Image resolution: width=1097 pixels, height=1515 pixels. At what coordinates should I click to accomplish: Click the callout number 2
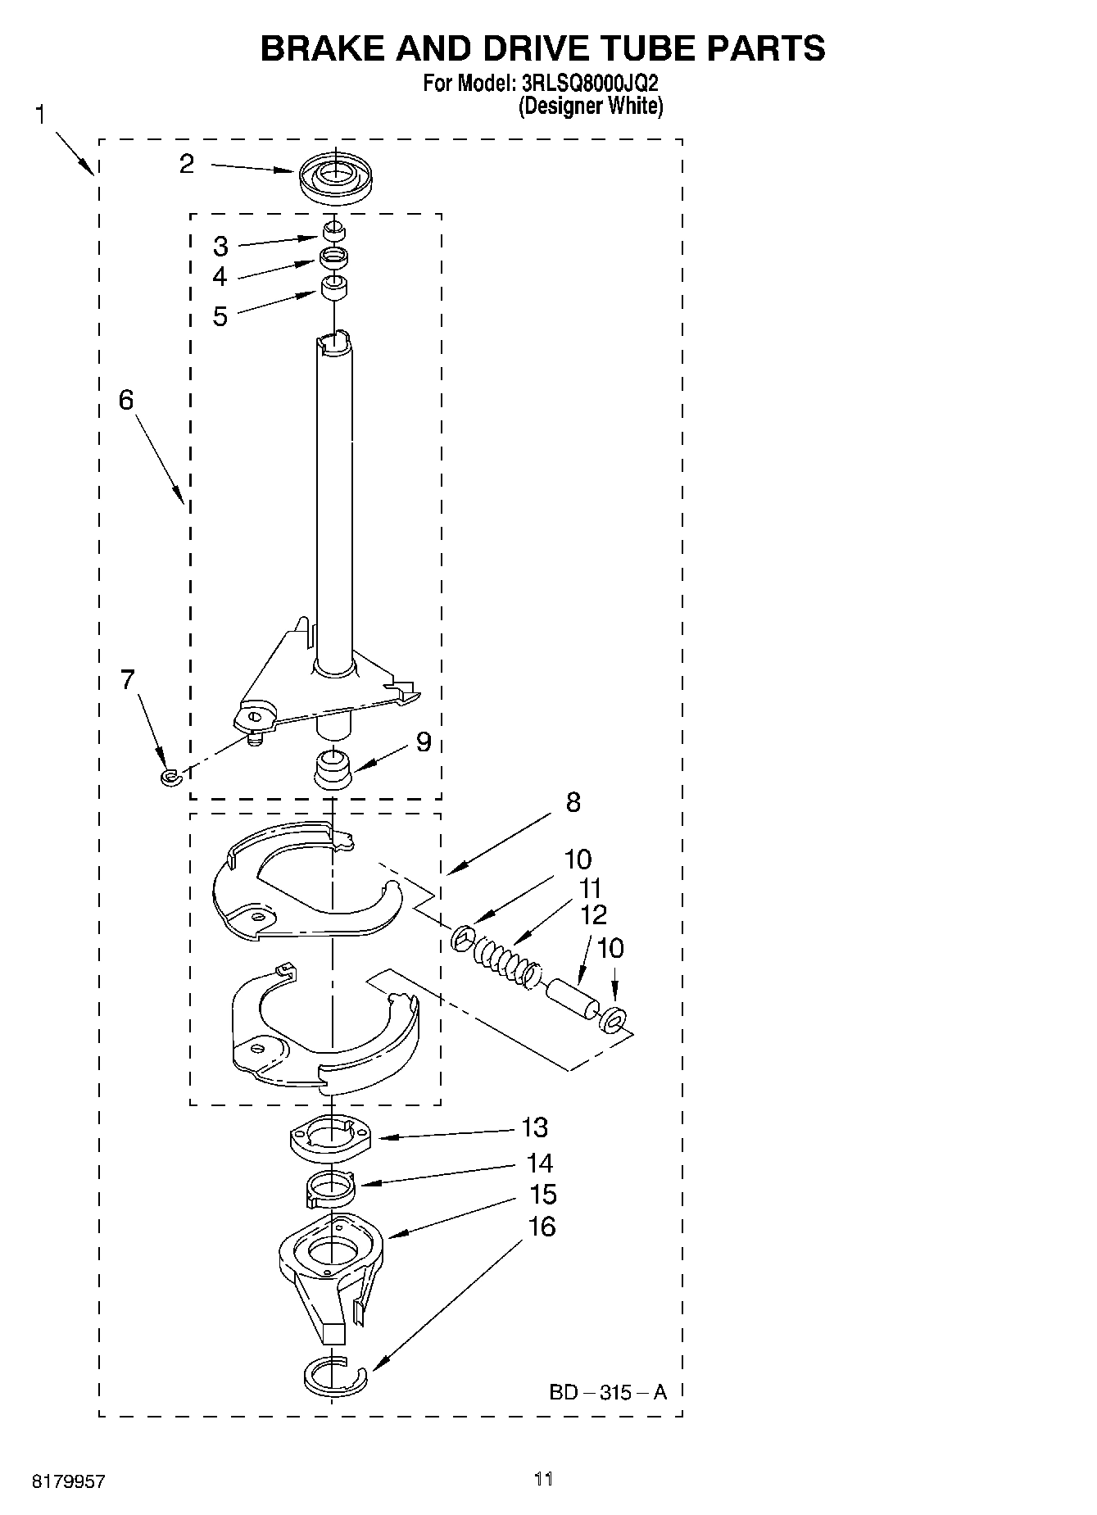(188, 164)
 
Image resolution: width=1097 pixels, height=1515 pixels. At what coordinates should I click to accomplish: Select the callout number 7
(128, 679)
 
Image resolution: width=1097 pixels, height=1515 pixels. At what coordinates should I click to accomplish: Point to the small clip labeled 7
(170, 776)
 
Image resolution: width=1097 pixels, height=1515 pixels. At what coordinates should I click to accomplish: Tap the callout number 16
(542, 1227)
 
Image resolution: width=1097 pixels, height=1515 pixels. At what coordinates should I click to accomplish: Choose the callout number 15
(542, 1195)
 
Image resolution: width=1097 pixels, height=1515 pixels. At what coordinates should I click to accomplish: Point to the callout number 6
(126, 400)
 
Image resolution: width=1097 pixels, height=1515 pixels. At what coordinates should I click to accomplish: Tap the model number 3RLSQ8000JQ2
(591, 84)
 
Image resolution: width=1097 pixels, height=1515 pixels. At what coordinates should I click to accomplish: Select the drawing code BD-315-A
(608, 1391)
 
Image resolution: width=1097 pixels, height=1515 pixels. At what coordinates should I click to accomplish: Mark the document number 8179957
(69, 1481)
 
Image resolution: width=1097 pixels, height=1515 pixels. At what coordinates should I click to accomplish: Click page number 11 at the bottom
(543, 1479)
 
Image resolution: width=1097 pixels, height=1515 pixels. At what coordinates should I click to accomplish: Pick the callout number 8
(573, 802)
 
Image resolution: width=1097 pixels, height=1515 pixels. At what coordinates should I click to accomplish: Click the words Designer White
(591, 106)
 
